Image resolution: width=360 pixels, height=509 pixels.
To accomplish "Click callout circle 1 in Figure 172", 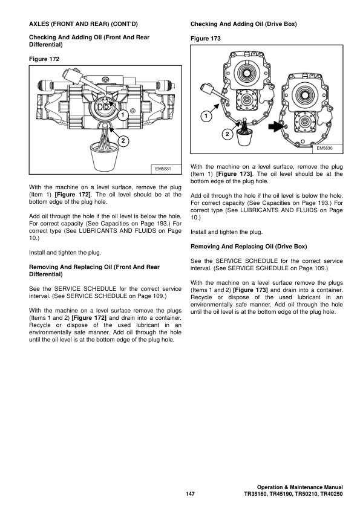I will point(122,114).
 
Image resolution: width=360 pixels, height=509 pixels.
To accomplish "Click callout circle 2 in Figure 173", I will point(226,134).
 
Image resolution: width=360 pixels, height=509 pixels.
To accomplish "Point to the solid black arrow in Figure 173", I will point(277,126).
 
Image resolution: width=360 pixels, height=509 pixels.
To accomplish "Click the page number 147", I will point(189,494).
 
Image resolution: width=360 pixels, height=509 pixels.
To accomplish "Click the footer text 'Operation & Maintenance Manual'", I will point(299,487).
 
